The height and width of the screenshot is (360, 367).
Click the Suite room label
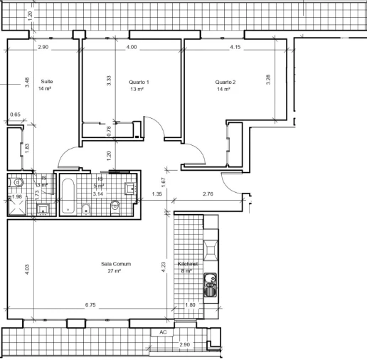pyautogui.click(x=46, y=82)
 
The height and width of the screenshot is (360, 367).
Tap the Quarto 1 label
pyautogui.click(x=137, y=82)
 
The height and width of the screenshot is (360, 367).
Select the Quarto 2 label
pyautogui.click(x=225, y=82)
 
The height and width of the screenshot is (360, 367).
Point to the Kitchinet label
pyautogui.click(x=188, y=263)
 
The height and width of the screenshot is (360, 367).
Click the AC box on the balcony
pyautogui.click(x=162, y=332)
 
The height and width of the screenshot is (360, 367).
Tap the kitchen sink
pyautogui.click(x=211, y=288)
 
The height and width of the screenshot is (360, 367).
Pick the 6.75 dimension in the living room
pyautogui.click(x=90, y=305)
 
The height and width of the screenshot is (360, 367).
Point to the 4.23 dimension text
pyautogui.click(x=164, y=268)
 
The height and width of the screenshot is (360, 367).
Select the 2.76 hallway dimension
pyautogui.click(x=209, y=194)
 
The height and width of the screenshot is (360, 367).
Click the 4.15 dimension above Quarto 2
pyautogui.click(x=236, y=47)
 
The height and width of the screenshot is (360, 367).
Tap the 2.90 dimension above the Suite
pyautogui.click(x=43, y=47)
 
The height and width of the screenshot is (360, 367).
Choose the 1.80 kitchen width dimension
pyautogui.click(x=191, y=305)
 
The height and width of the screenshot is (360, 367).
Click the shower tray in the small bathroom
pyautogui.click(x=18, y=207)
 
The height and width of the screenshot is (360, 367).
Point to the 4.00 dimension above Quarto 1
pyautogui.click(x=132, y=47)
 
